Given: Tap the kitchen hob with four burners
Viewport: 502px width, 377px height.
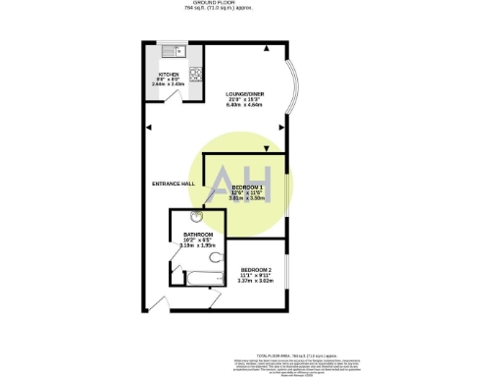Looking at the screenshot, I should tap(194, 73).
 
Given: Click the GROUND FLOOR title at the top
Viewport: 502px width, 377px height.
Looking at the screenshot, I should tap(250, 4).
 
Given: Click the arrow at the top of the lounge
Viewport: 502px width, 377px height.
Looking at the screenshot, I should tap(265, 46).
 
